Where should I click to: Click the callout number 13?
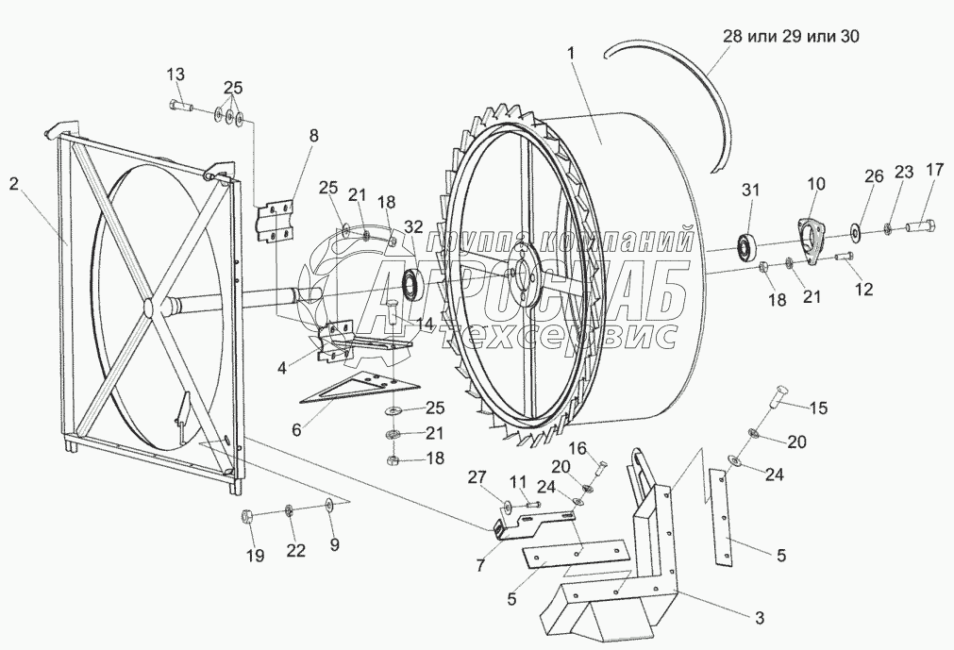click(x=176, y=75)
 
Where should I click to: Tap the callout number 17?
click(x=933, y=171)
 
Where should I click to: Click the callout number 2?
click(x=13, y=185)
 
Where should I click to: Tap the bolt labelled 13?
click(x=179, y=106)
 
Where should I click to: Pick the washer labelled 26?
click(x=854, y=227)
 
